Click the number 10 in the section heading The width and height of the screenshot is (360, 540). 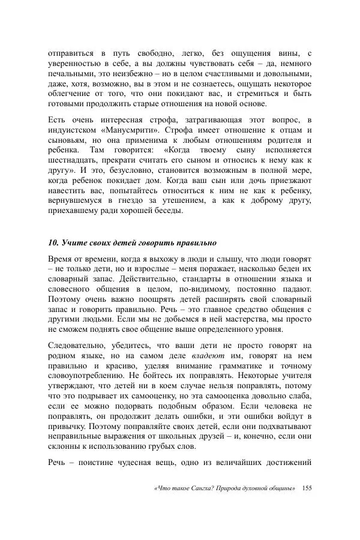(x=52, y=243)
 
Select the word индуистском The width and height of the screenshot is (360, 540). (x=74, y=130)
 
